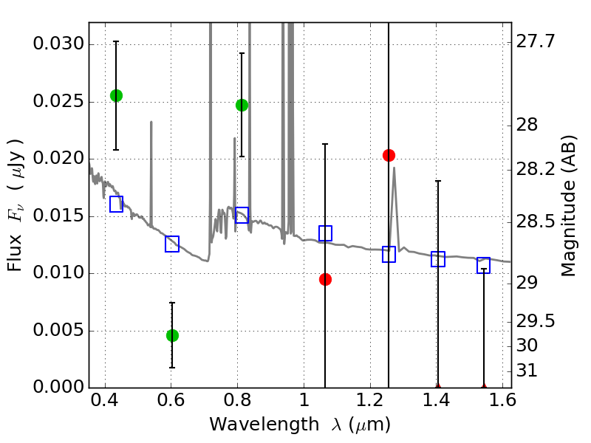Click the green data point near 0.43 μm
tap(116, 96)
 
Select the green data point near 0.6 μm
tap(172, 335)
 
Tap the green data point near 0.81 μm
tap(242, 105)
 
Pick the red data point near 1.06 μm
tap(325, 280)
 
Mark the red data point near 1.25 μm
tap(389, 155)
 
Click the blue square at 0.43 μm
tap(116, 204)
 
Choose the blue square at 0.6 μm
tap(172, 244)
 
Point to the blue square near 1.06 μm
tap(325, 233)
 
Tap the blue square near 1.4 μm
tap(438, 259)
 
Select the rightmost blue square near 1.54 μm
tap(484, 265)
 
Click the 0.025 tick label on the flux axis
tap(58, 101)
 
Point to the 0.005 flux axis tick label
tap(58, 330)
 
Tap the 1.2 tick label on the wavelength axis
tap(371, 400)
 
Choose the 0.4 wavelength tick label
tap(105, 400)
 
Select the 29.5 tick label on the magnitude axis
tap(535, 321)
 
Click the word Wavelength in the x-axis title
tap(264, 425)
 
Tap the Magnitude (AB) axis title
tap(569, 206)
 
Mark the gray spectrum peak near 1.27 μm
tap(394, 168)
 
